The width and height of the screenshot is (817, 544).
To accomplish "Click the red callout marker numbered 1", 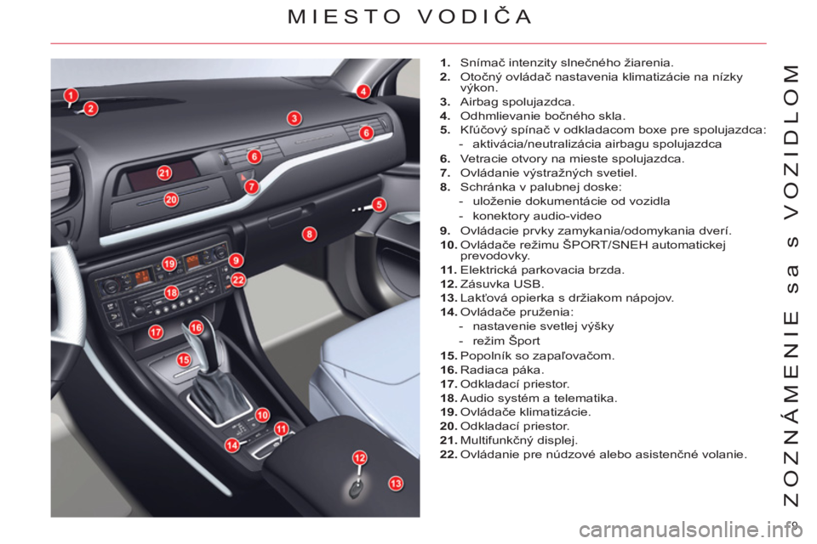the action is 71,96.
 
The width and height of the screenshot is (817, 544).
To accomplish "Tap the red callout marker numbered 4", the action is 363,92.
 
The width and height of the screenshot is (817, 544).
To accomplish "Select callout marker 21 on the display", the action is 164,173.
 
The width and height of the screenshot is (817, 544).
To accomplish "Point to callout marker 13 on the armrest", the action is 396,484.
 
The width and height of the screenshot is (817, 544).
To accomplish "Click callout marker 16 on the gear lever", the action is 196,327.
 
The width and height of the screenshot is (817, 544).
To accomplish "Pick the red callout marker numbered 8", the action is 310,235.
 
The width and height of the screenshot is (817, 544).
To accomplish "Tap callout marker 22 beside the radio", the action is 238,280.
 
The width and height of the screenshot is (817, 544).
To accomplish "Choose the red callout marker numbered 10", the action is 262,415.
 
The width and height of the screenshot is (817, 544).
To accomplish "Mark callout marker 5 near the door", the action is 379,205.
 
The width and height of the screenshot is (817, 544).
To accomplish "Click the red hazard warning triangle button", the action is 243,178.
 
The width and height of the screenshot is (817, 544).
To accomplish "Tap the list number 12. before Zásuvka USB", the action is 448,284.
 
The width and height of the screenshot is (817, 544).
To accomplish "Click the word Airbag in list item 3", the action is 479,102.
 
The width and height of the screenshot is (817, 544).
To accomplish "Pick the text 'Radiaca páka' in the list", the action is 502,370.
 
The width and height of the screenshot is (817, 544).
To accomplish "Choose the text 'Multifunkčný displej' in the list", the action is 519,441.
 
